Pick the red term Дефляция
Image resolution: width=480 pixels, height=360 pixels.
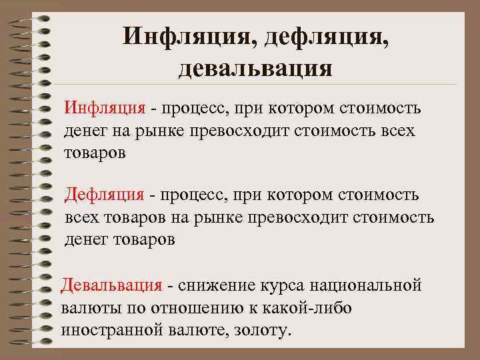pos(104,195)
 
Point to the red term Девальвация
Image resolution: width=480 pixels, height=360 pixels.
pos(111,286)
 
